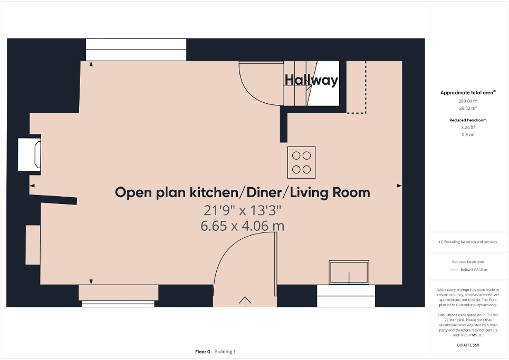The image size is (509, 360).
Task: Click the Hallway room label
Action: [311, 80]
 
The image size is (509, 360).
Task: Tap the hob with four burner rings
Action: [301, 162]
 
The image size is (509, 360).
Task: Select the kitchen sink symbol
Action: [349, 272]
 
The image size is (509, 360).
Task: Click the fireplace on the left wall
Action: [30, 154]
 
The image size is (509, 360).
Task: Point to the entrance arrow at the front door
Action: [245, 301]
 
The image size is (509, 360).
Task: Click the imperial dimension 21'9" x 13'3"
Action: [243, 210]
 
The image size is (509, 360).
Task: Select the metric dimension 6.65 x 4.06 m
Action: [243, 226]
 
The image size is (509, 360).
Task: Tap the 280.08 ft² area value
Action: [468, 101]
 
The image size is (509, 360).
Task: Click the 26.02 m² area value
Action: [468, 108]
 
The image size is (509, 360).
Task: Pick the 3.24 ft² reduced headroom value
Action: [468, 128]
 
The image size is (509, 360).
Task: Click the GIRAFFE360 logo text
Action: [468, 345]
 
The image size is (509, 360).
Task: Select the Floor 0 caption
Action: [203, 352]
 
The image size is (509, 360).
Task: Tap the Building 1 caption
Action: [225, 352]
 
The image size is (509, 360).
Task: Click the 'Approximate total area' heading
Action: [467, 93]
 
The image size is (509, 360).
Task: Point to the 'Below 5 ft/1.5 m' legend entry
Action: [474, 269]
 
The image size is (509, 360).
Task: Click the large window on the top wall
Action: [136, 50]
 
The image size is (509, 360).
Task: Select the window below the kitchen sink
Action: [346, 296]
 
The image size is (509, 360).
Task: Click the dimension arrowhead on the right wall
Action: [399, 186]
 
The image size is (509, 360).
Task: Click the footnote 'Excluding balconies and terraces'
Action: [468, 242]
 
